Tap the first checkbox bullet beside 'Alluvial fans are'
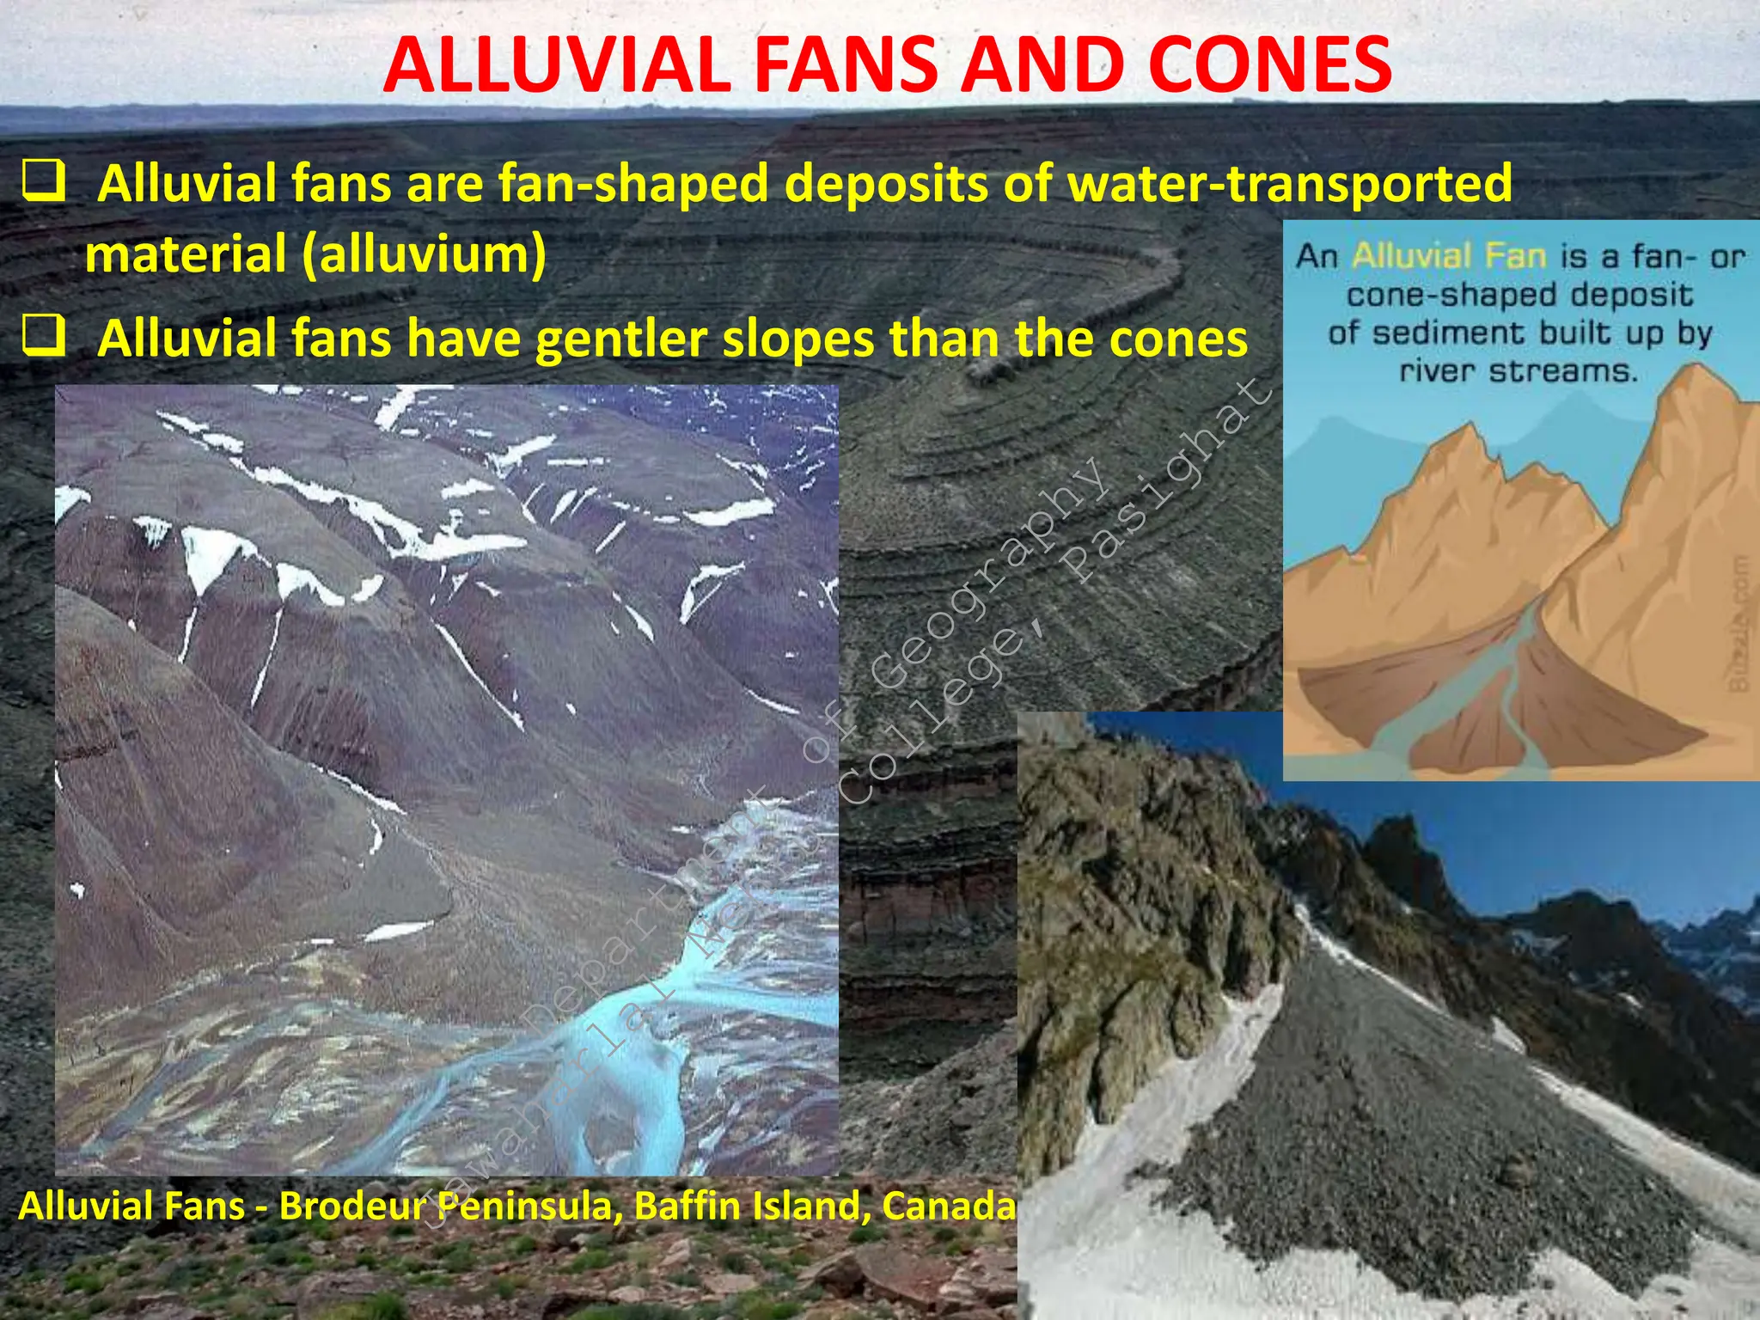[44, 180]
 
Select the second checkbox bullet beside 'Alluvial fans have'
[44, 336]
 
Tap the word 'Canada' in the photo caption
[949, 1206]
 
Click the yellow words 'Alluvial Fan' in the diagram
[1449, 256]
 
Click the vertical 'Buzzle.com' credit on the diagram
[1738, 623]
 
